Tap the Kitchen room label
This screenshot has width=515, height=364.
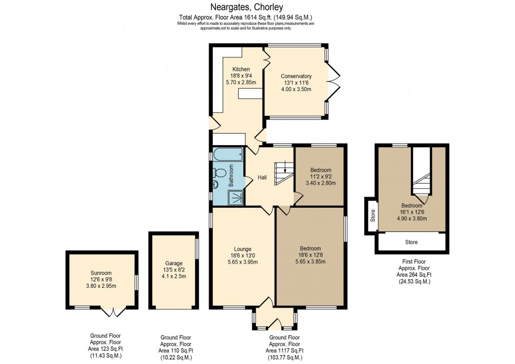click(x=241, y=69)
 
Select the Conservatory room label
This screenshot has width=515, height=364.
click(x=296, y=76)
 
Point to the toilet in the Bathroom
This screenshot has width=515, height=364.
click(x=220, y=173)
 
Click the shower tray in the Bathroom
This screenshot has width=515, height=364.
click(x=235, y=197)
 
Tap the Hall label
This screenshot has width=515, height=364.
click(x=262, y=178)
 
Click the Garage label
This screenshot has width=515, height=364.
click(x=174, y=263)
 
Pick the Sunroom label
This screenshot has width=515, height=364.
click(x=100, y=273)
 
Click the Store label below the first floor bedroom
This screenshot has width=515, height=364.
click(x=411, y=242)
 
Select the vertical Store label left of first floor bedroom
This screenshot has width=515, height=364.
click(x=373, y=216)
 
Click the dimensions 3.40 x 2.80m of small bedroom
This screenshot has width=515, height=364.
click(x=321, y=184)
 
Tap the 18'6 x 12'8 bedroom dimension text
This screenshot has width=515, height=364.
click(x=310, y=255)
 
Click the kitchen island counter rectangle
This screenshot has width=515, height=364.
click(x=250, y=93)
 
